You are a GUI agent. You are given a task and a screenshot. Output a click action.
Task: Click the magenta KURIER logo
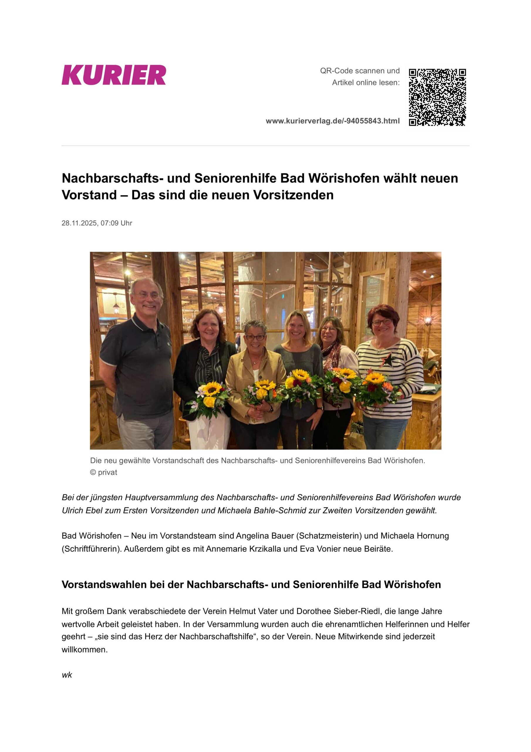[114, 75]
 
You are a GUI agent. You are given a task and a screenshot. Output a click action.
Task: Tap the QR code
[437, 97]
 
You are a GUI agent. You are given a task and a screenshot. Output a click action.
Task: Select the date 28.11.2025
[79, 223]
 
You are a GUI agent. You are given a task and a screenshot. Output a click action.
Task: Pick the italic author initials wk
[67, 675]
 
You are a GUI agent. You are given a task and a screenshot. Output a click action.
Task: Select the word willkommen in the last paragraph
[84, 650]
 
